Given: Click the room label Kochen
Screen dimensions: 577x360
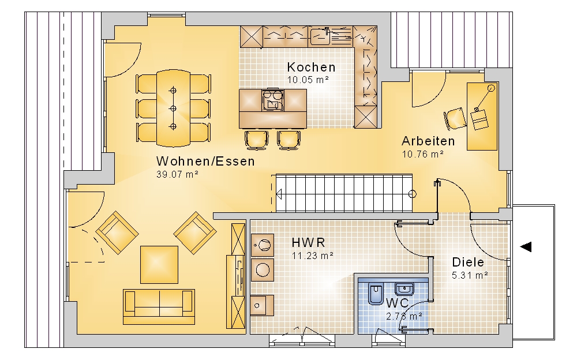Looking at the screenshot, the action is click(x=312, y=67).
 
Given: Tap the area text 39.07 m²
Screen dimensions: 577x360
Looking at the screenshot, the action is click(x=177, y=174).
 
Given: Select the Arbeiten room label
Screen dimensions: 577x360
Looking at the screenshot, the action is click(x=428, y=141).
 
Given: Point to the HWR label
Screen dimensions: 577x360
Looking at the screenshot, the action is click(x=308, y=242).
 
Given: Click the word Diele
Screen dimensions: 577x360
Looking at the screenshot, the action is click(x=468, y=262).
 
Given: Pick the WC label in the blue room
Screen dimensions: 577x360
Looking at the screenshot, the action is click(x=397, y=303).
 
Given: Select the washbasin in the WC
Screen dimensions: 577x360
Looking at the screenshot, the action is click(x=404, y=288).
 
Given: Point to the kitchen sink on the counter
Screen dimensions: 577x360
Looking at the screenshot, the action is click(x=320, y=37).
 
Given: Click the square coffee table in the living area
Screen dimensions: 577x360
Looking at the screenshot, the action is click(x=159, y=265).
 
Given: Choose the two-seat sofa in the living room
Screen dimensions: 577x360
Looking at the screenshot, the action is click(x=159, y=306).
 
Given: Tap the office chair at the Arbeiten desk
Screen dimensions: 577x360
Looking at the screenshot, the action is click(x=455, y=118).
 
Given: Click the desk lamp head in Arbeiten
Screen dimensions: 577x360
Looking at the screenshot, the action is click(x=491, y=88).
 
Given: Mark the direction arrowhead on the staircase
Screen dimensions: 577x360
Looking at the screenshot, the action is click(x=279, y=194).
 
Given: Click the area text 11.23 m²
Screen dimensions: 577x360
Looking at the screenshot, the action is click(x=312, y=256).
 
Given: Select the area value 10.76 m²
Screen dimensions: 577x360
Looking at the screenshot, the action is click(x=422, y=154).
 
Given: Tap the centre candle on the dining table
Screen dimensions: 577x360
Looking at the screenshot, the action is click(x=173, y=108).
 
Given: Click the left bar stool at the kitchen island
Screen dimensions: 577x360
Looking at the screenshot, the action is click(x=256, y=140).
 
